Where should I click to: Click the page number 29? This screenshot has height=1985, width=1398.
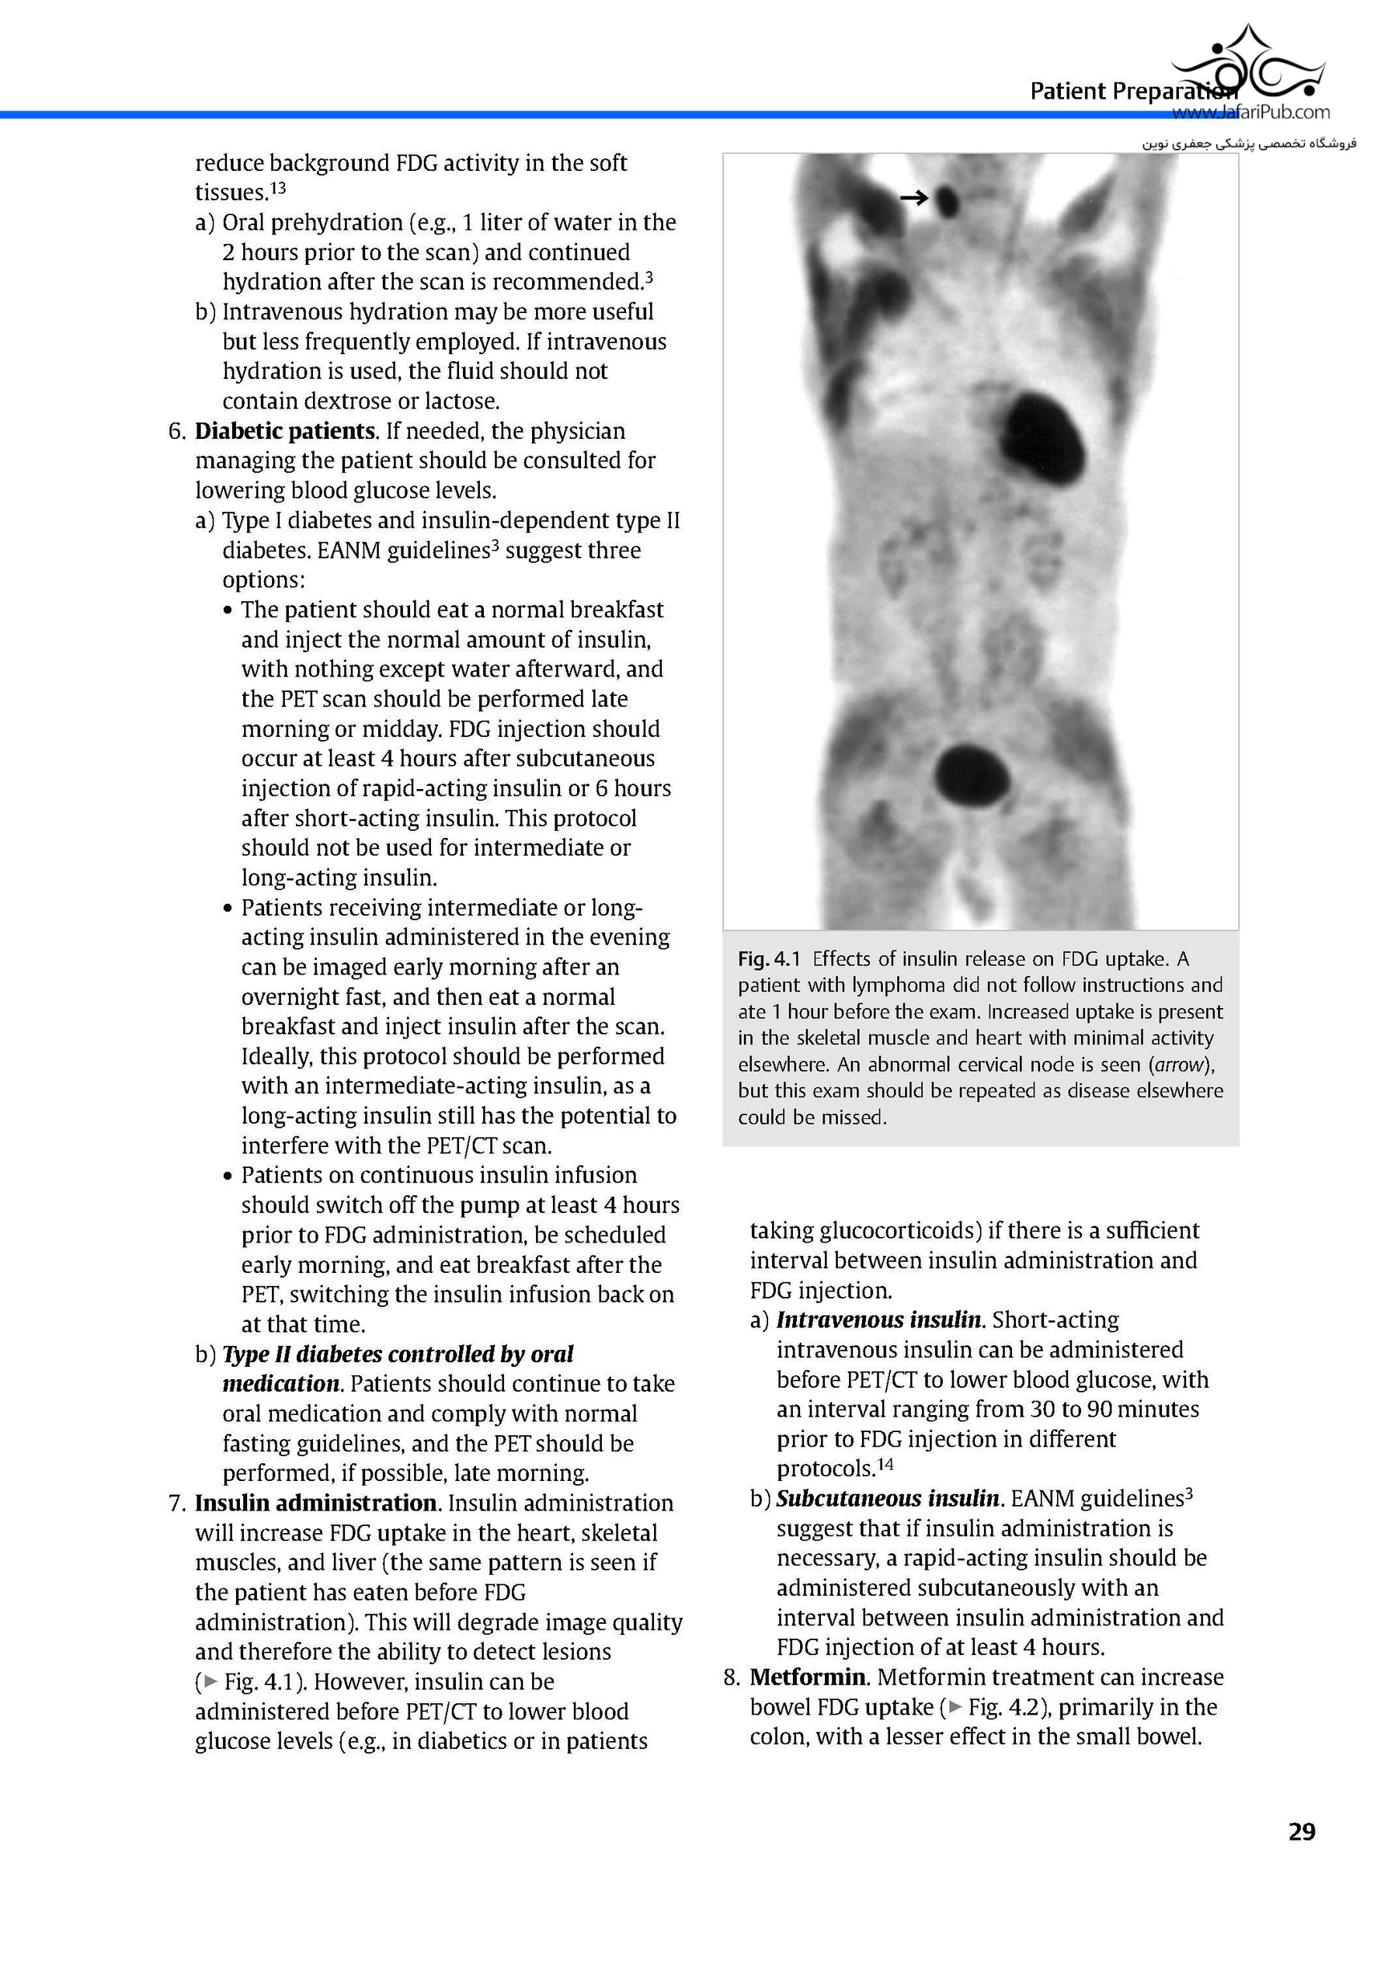(x=1301, y=1832)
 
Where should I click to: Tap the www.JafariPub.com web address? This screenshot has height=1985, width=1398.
(x=1250, y=112)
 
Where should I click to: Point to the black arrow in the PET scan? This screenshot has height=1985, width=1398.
(x=914, y=198)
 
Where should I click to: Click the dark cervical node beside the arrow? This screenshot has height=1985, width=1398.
(x=948, y=200)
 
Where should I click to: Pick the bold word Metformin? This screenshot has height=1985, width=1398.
(x=808, y=1677)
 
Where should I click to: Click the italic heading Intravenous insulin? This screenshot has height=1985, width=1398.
(x=879, y=1320)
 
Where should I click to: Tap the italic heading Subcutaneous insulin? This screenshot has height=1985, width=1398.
(x=888, y=1498)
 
